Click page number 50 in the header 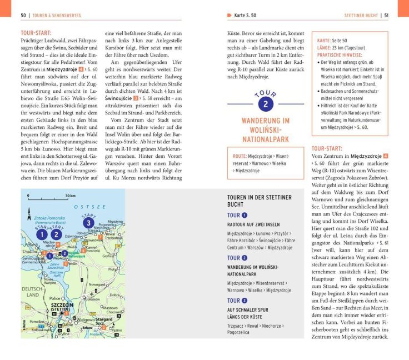coord(23,14)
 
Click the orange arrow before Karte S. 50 coord(230,14)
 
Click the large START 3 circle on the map coord(87,223)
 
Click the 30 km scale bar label coord(70,196)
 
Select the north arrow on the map coord(28,212)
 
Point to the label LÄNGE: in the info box coord(325,48)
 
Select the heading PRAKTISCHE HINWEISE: coord(341,55)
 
